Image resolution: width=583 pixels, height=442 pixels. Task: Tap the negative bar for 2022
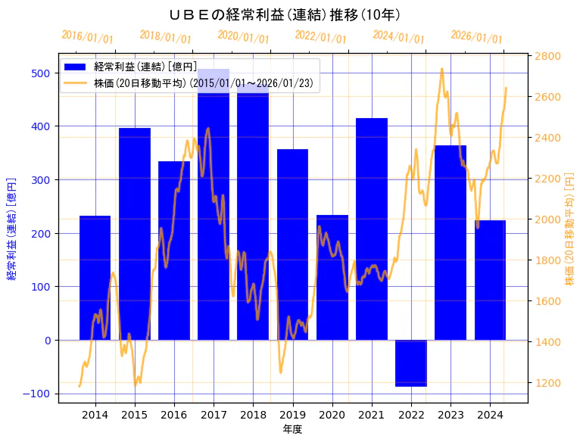[411, 363]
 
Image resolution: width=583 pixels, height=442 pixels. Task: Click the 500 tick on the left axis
[41, 73]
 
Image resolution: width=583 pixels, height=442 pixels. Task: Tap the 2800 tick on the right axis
[547, 56]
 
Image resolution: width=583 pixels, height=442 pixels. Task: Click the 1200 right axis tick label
[547, 383]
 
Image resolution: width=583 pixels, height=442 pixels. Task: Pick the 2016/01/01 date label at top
[87, 38]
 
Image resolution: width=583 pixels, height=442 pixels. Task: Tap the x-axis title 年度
[292, 429]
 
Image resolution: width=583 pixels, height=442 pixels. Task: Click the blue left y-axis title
[11, 229]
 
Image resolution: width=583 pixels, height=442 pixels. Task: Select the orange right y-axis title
[570, 229]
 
